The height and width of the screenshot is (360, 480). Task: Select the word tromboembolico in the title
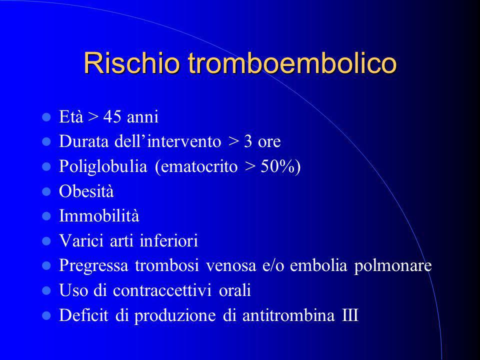(x=292, y=63)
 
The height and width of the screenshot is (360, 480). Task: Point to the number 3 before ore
(x=247, y=141)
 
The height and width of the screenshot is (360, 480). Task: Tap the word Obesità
(x=86, y=191)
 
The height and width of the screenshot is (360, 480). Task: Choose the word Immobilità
(x=99, y=216)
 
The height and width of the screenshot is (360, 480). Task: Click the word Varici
(x=81, y=240)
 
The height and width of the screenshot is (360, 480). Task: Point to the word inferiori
(x=168, y=240)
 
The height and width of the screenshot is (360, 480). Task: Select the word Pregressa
(x=93, y=265)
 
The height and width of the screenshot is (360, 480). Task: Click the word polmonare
(x=393, y=265)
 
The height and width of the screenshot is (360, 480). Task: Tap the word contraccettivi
(x=162, y=290)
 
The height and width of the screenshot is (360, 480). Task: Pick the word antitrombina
(x=288, y=315)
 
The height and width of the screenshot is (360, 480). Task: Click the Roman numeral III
(x=350, y=315)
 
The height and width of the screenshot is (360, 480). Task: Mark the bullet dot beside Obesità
(x=46, y=191)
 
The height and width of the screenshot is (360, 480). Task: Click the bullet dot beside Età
(x=46, y=117)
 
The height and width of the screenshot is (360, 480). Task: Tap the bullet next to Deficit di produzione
(x=46, y=315)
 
